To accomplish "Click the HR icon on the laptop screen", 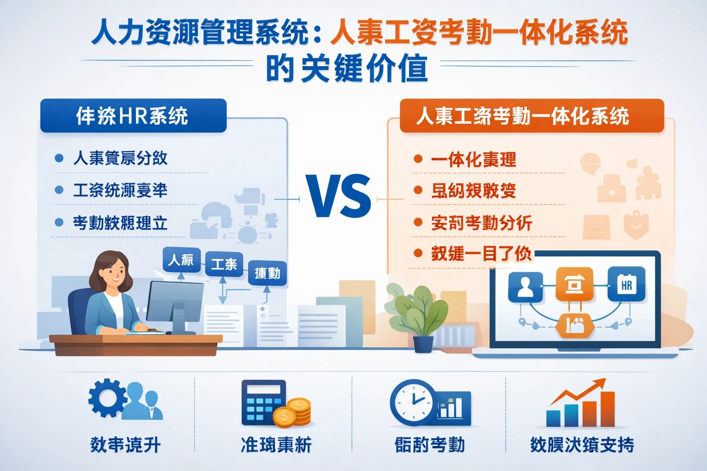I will click(x=626, y=285).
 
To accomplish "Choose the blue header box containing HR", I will click(x=133, y=116).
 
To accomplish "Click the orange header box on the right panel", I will click(x=532, y=116).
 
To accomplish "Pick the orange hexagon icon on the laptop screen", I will click(x=574, y=326).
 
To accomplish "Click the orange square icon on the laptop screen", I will click(x=574, y=285).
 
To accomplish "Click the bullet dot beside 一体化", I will click(x=418, y=159).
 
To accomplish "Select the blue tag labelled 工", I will click(x=224, y=264).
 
